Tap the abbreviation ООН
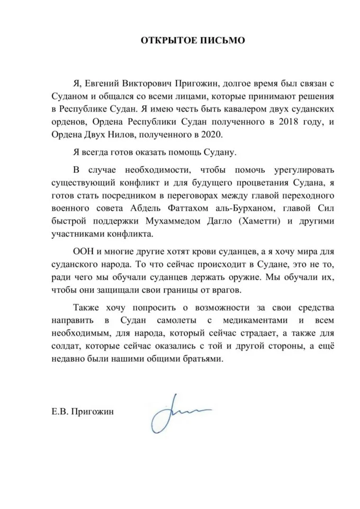click(82, 251)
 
